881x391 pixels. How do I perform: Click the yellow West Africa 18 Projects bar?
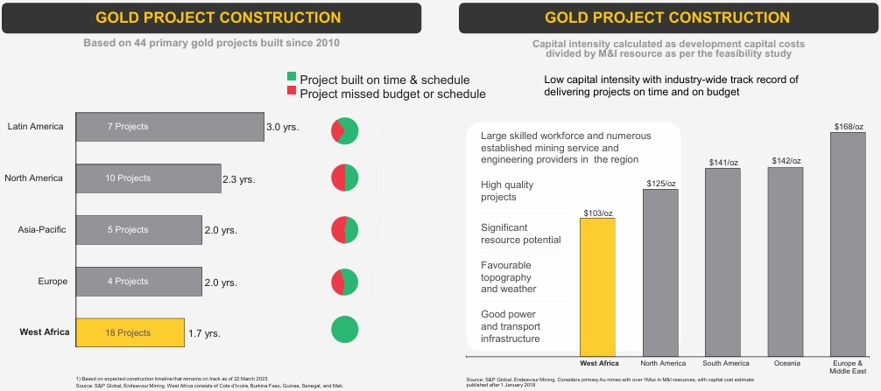tap(130, 332)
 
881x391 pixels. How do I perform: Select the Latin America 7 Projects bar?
tap(170, 127)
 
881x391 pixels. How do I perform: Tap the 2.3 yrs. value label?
tap(239, 180)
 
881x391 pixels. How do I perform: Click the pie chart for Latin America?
tap(344, 131)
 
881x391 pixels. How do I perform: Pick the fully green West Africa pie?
tap(344, 329)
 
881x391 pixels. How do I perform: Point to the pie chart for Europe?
tap(344, 283)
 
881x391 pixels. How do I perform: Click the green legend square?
tap(292, 76)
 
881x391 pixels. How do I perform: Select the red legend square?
tap(292, 90)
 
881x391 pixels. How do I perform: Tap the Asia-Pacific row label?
tap(42, 229)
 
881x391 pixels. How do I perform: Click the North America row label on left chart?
tap(33, 178)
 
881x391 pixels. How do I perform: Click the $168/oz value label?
tap(848, 127)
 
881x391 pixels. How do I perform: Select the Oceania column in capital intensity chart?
tap(786, 261)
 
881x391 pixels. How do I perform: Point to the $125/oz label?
tap(660, 184)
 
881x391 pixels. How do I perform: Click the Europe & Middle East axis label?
tap(848, 367)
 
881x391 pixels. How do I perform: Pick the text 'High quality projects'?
tap(507, 191)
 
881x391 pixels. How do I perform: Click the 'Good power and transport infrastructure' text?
tap(511, 326)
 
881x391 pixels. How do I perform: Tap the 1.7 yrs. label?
tap(204, 334)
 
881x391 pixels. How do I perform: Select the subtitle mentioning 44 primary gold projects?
tap(211, 43)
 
